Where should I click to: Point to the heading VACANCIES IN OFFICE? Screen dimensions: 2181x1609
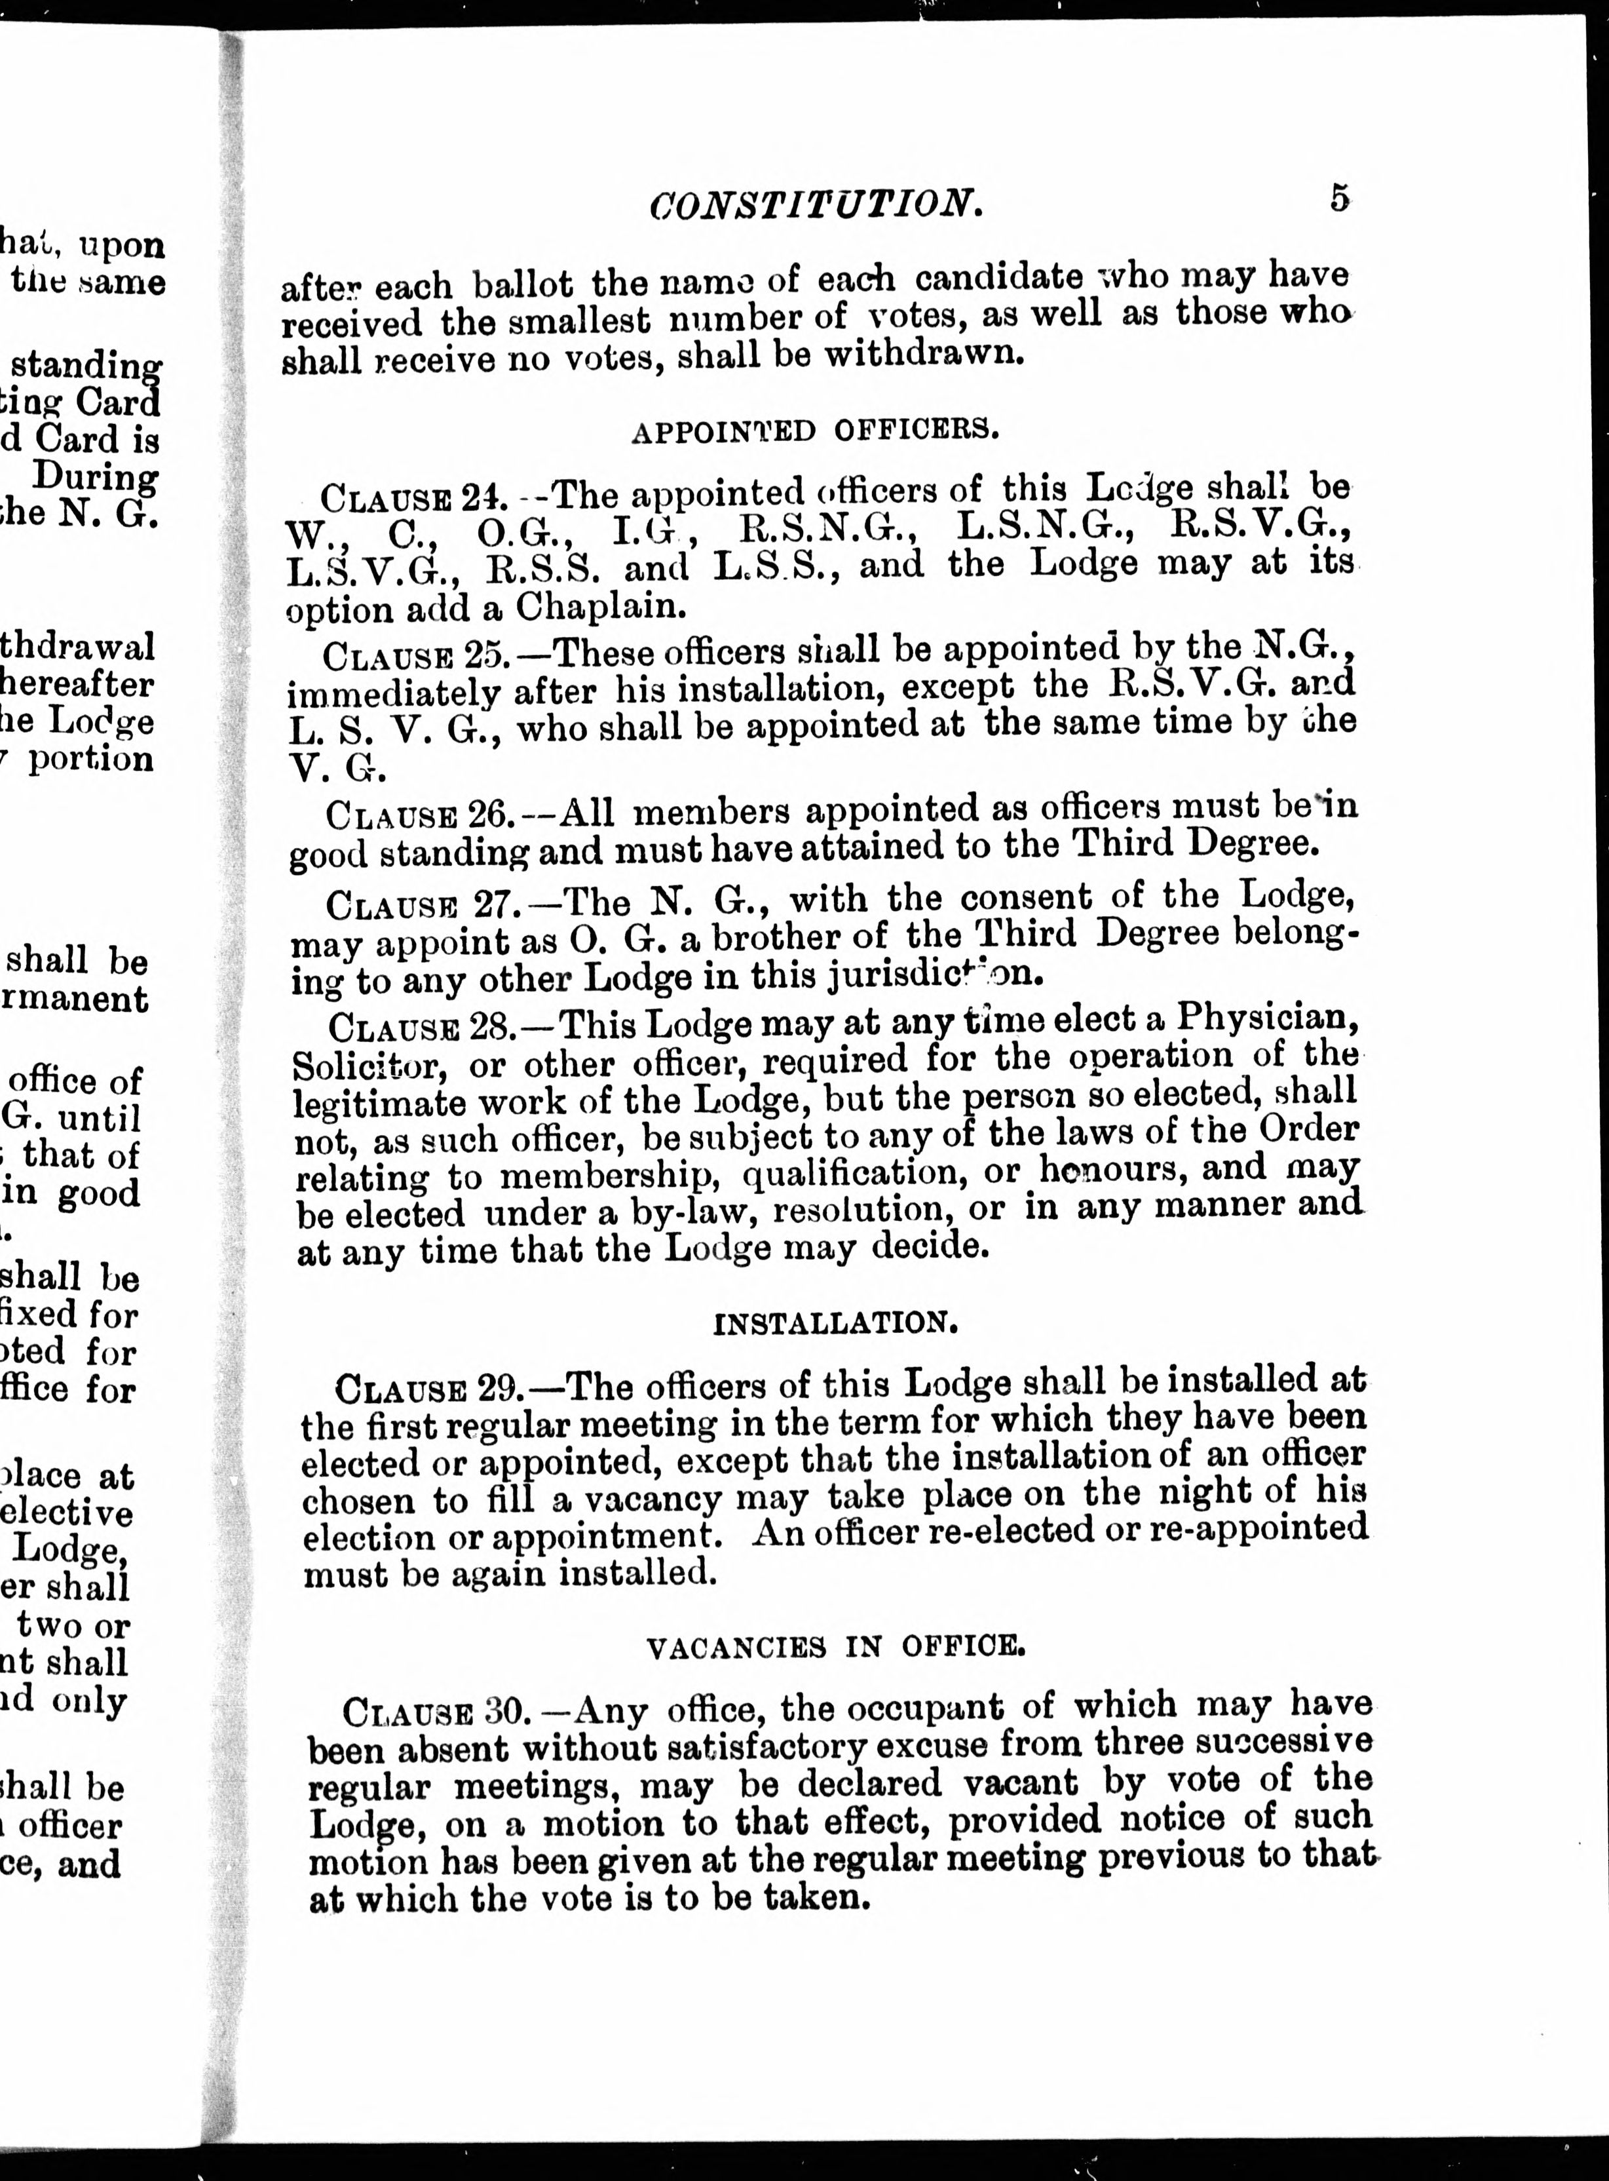tap(836, 1646)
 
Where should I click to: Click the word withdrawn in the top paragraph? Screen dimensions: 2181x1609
tap(924, 352)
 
